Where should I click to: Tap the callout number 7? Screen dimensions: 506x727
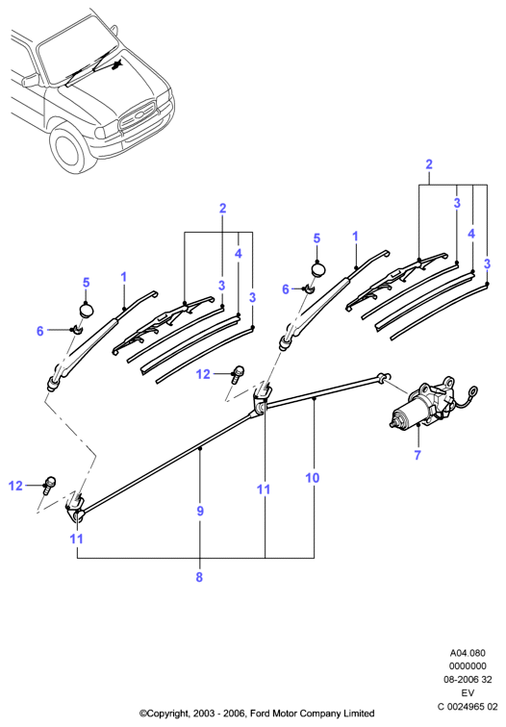tap(417, 455)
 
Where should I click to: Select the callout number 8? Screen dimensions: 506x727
tap(199, 577)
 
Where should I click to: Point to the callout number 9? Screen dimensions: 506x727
tap(200, 511)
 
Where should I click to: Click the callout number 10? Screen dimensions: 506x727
tap(313, 478)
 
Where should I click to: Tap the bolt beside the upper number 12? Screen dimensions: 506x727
tap(238, 374)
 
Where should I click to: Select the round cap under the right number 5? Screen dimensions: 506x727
tap(317, 269)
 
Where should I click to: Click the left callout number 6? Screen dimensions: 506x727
tap(39, 331)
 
